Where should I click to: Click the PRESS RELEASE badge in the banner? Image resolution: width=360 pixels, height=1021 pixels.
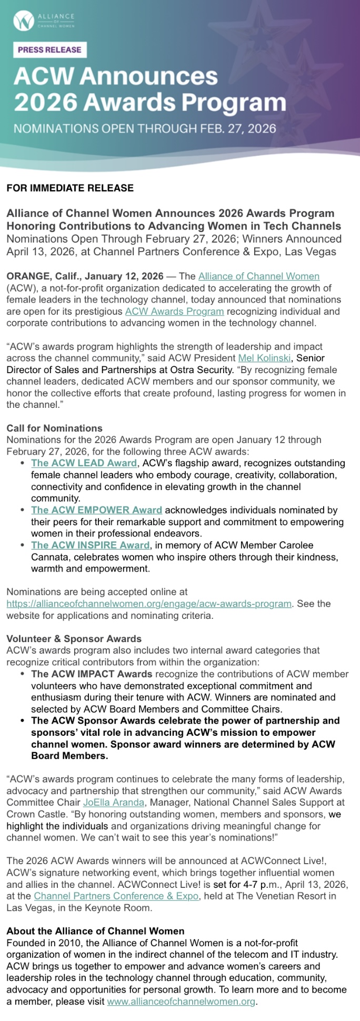pyautogui.click(x=49, y=50)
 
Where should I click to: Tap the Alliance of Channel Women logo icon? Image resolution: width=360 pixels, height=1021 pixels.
pyautogui.click(x=23, y=21)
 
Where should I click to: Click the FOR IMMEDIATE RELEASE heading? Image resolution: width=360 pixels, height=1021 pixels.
pyautogui.click(x=70, y=188)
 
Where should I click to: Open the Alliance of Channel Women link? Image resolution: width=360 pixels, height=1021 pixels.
pyautogui.click(x=258, y=276)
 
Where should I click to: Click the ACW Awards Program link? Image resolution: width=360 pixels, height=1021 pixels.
pyautogui.click(x=174, y=311)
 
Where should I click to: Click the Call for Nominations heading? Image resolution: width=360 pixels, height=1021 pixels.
pyautogui.click(x=54, y=428)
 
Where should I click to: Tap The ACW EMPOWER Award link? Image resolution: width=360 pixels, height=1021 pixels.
pyautogui.click(x=96, y=510)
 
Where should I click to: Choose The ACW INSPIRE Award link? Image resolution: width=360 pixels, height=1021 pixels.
pyautogui.click(x=90, y=545)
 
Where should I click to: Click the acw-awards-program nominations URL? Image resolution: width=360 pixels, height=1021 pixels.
pyautogui.click(x=149, y=603)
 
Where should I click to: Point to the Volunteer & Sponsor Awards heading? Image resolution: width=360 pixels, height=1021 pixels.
pyautogui.click(x=74, y=638)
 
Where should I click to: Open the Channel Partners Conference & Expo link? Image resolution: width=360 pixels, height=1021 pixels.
pyautogui.click(x=116, y=896)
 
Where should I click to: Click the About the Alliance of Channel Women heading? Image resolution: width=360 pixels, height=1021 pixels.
pyautogui.click(x=95, y=931)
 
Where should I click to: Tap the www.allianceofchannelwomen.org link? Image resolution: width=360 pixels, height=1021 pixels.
pyautogui.click(x=182, y=1002)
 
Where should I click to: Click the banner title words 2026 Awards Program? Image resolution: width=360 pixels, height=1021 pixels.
pyautogui.click(x=150, y=101)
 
